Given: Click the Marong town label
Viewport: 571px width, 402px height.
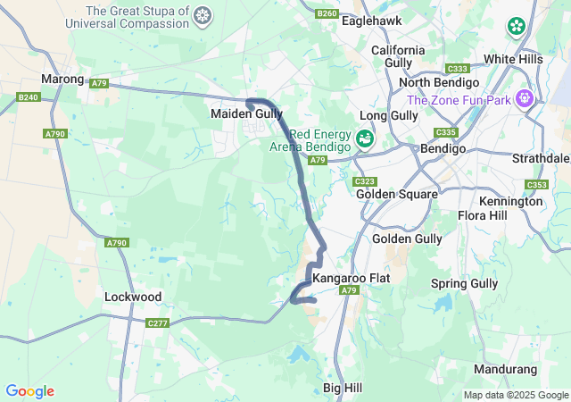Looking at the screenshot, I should coord(62,79).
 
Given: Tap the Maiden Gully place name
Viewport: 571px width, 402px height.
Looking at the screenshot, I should coord(246,114).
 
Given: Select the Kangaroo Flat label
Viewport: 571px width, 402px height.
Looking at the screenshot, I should coord(352,278).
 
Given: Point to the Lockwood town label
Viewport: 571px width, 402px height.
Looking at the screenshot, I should coord(133,297).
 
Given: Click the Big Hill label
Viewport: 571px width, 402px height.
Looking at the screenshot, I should coord(343,388).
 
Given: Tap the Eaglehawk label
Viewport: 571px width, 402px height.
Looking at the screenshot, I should coord(371,20).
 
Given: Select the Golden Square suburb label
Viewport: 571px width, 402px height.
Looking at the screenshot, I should coord(396,194).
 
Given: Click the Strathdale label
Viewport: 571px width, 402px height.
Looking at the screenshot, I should coord(541,158).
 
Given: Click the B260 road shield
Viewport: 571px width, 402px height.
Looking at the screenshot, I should coord(327,13).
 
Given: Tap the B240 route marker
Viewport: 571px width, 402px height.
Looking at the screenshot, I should coord(29,96).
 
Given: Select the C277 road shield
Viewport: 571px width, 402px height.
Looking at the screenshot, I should coord(157,322).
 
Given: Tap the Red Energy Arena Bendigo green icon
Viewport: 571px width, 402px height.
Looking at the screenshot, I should coord(364,138).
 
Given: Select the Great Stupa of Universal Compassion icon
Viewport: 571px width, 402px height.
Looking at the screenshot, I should coord(203,15).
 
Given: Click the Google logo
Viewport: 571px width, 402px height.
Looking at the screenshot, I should coord(29,391).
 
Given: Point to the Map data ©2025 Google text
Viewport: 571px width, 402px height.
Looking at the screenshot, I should coord(516,395).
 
